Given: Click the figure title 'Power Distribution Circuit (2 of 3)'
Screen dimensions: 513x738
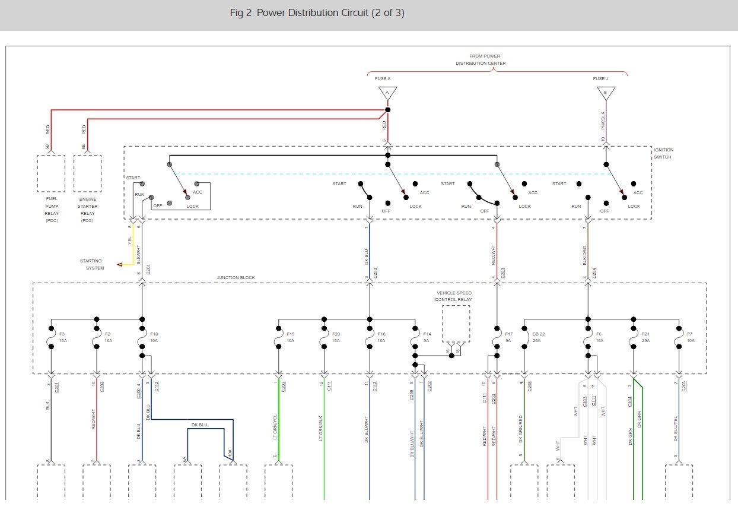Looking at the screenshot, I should [x=317, y=13].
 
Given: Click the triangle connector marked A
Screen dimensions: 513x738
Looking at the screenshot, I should [x=387, y=93].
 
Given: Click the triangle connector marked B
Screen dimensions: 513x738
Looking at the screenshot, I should [x=606, y=93].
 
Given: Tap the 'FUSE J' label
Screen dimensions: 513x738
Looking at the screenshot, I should [x=600, y=78].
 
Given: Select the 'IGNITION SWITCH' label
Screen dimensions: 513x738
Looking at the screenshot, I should [x=663, y=153].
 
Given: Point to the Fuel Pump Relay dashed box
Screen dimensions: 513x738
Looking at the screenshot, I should [x=51, y=173].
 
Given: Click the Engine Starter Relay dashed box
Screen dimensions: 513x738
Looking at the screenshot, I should [x=87, y=173].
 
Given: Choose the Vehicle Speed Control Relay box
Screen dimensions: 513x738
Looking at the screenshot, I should [x=456, y=324].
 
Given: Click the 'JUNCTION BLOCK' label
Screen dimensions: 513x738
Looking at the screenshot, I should [x=236, y=278].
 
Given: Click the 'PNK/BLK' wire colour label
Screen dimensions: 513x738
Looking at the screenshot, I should [x=604, y=120].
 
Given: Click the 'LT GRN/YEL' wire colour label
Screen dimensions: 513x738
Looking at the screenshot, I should [x=275, y=426].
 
